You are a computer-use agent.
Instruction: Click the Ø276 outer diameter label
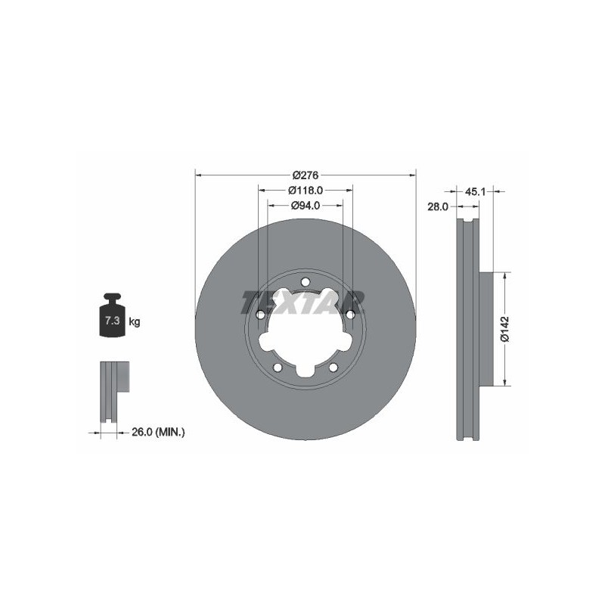(306, 175)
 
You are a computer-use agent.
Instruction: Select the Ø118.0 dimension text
(306, 191)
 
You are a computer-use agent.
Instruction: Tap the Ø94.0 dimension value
(306, 206)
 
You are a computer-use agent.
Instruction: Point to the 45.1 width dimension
(475, 192)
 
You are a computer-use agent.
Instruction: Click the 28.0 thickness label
(438, 206)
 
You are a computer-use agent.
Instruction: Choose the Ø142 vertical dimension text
(505, 329)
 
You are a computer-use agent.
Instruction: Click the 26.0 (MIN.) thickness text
(158, 432)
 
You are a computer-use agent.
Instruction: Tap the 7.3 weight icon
(112, 315)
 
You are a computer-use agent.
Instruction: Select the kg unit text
(135, 321)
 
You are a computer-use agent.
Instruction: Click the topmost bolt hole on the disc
(306, 282)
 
